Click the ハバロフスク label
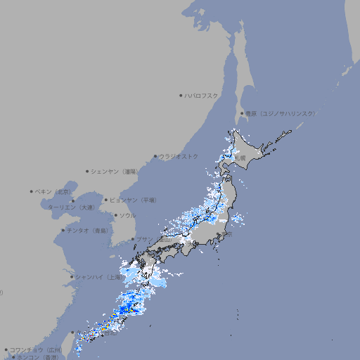point(201,95)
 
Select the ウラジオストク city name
point(179,156)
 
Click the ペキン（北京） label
point(53,191)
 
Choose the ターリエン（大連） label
point(71,207)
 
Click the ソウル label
point(127,215)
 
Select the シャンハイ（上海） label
point(98,276)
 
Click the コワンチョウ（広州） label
point(35,349)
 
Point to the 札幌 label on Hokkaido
point(240,158)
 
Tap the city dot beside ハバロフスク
point(181,95)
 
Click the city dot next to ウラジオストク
point(155,156)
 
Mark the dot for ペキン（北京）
point(32,191)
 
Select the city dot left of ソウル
point(115,215)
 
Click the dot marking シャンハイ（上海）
point(71,276)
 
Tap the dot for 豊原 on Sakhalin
point(242,113)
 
